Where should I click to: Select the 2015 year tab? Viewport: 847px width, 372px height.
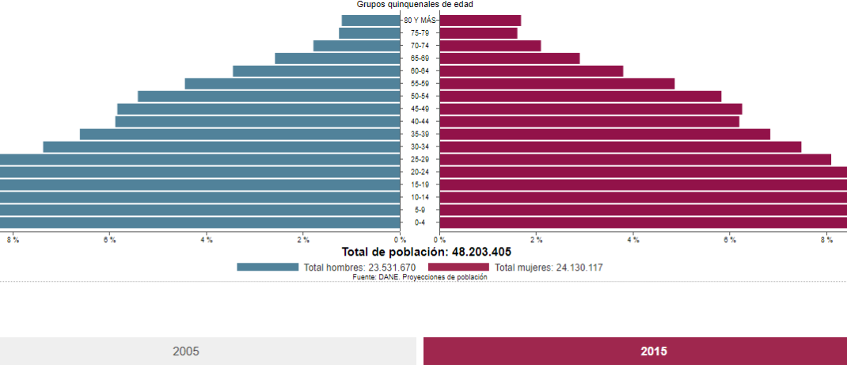635,351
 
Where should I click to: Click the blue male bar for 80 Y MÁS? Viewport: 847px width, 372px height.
370,21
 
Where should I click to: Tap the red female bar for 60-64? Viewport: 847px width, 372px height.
531,71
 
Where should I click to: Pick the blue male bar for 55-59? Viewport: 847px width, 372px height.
292,84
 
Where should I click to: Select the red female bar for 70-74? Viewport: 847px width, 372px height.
490,46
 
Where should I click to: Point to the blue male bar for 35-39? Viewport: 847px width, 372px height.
240,135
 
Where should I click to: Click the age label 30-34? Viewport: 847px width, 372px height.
420,147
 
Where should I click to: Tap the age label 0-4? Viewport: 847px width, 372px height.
420,222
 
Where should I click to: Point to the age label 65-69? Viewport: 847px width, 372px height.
420,59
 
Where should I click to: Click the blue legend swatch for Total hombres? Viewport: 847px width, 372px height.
268,268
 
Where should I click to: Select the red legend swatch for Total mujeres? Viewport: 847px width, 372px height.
458,268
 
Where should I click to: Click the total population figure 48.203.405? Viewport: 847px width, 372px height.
481,252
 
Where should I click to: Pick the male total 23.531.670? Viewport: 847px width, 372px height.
382,268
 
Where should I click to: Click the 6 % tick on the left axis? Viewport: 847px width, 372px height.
109,240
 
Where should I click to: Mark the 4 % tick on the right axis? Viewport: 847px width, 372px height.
633,240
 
